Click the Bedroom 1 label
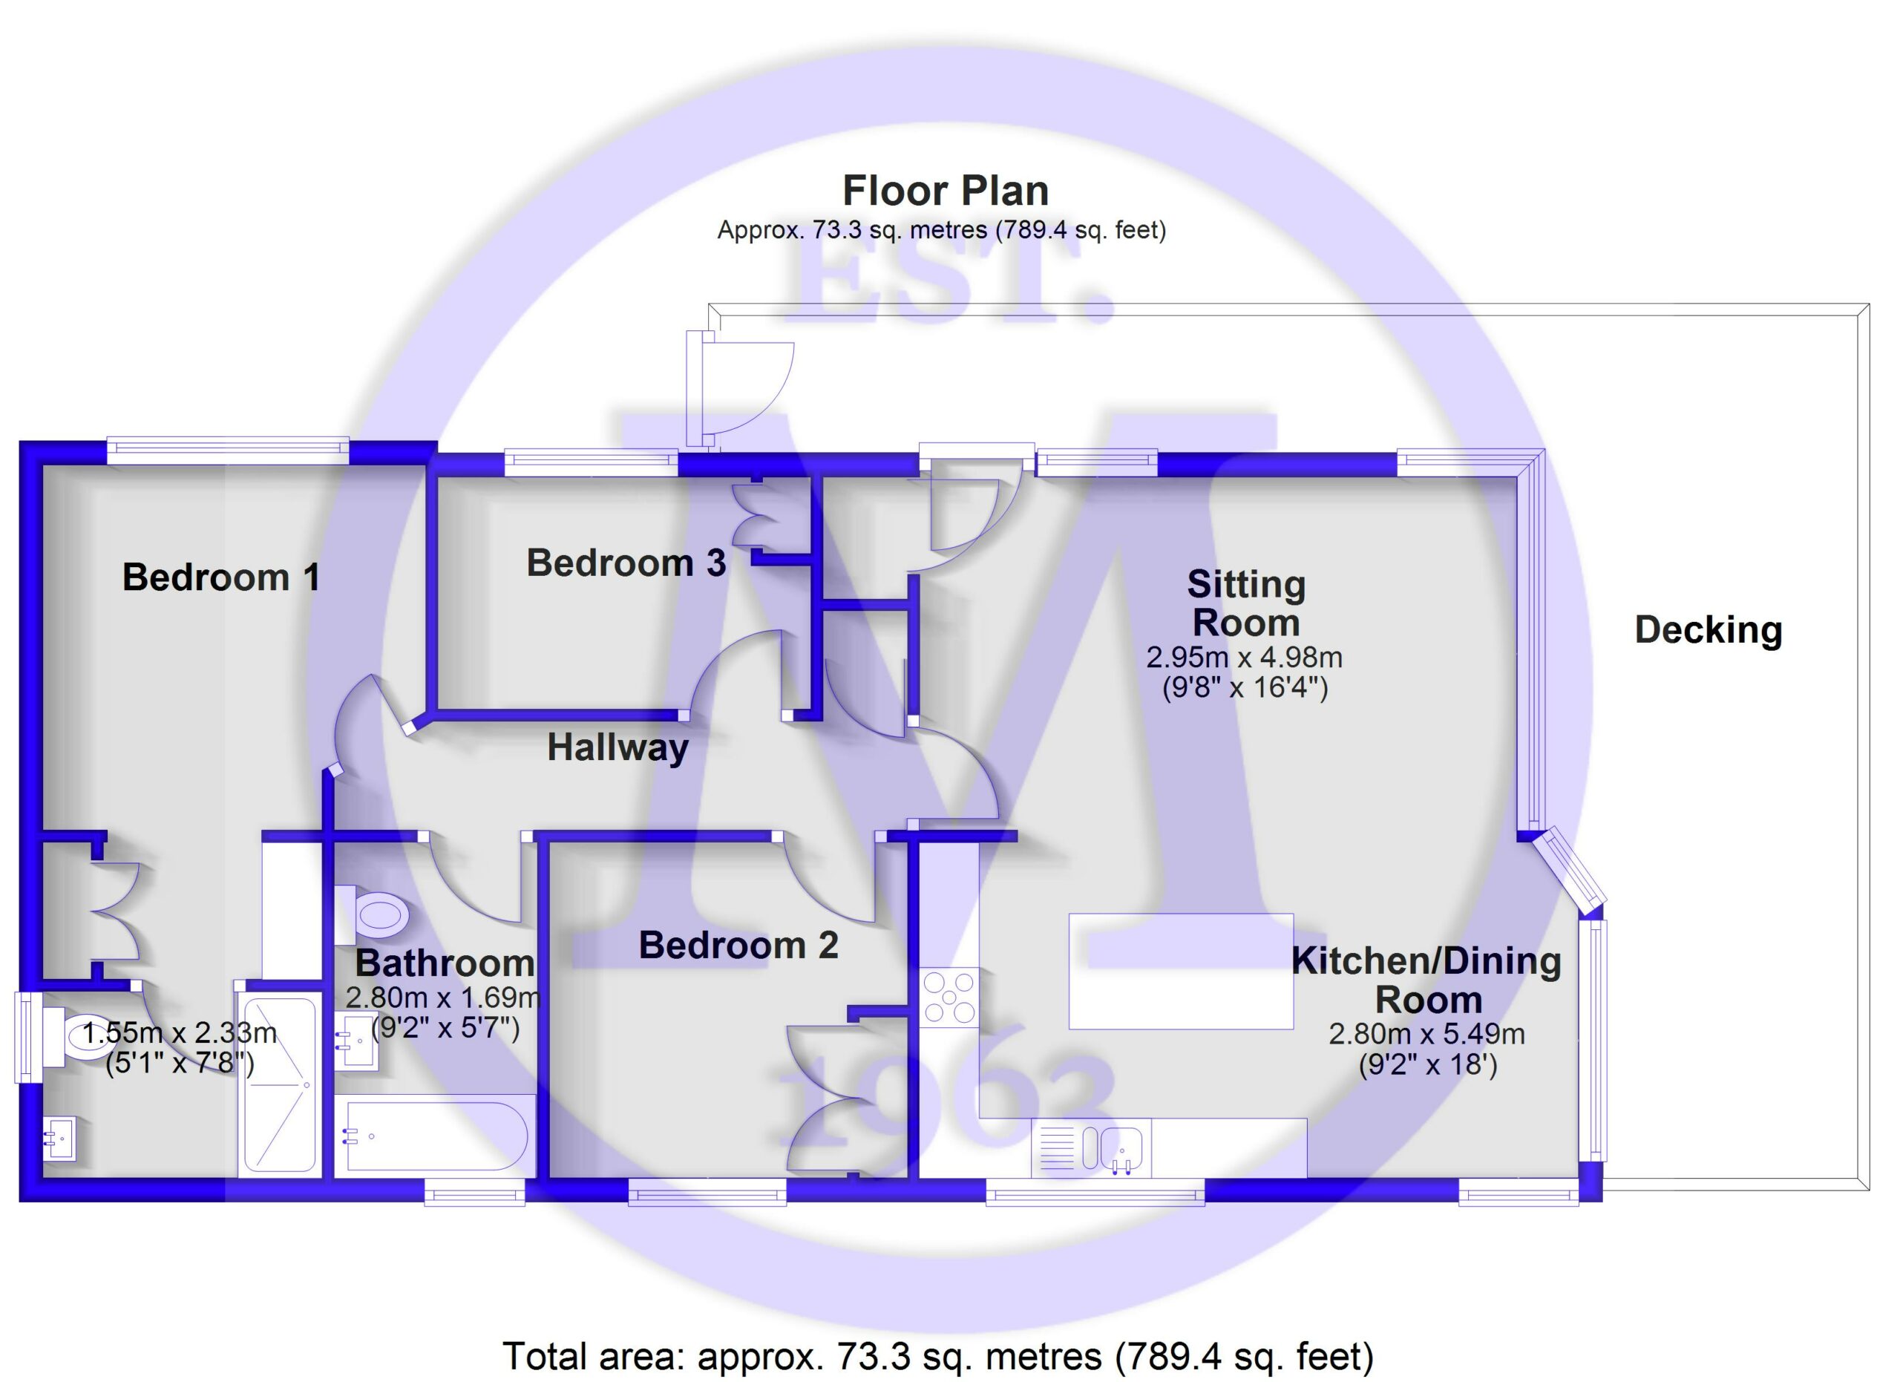click(221, 578)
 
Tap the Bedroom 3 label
click(626, 563)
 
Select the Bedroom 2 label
click(738, 946)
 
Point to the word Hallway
click(617, 747)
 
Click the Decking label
click(1709, 631)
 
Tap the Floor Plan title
click(945, 191)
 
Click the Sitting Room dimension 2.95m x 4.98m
click(1244, 658)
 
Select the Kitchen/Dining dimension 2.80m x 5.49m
click(1426, 1035)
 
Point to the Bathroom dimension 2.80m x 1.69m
click(443, 998)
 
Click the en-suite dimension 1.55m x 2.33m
click(180, 1032)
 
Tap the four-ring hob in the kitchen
click(949, 998)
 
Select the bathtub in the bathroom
click(435, 1136)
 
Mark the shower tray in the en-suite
click(280, 1086)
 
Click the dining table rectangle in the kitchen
click(1182, 972)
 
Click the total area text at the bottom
click(938, 1355)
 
